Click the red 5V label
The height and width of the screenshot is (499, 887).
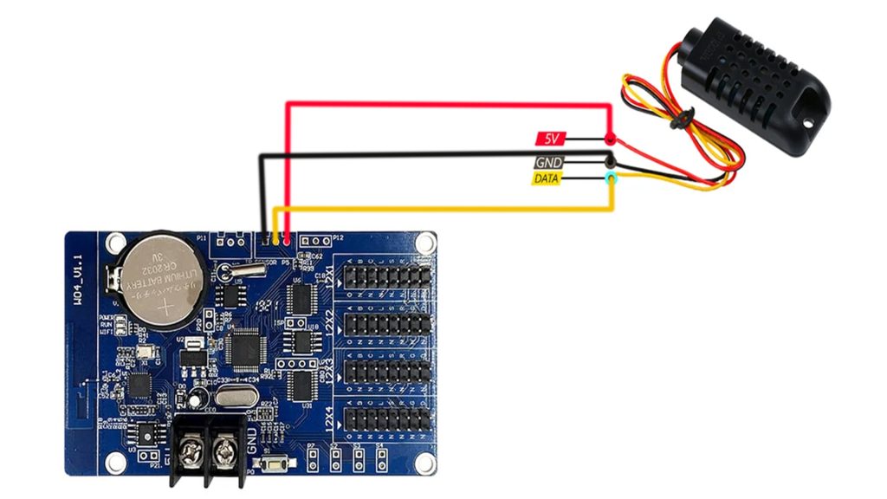point(551,138)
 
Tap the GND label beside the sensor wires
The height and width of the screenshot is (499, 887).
point(548,162)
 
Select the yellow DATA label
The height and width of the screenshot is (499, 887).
point(546,179)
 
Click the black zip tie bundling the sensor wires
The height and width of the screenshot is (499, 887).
point(683,120)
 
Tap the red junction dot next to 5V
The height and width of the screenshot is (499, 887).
point(610,139)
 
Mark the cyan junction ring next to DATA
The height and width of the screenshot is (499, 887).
point(611,178)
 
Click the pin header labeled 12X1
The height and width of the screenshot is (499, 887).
point(387,277)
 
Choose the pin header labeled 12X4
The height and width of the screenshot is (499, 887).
point(387,418)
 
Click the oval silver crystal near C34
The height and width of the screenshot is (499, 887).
point(233,398)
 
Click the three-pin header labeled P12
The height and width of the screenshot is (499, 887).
point(317,239)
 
